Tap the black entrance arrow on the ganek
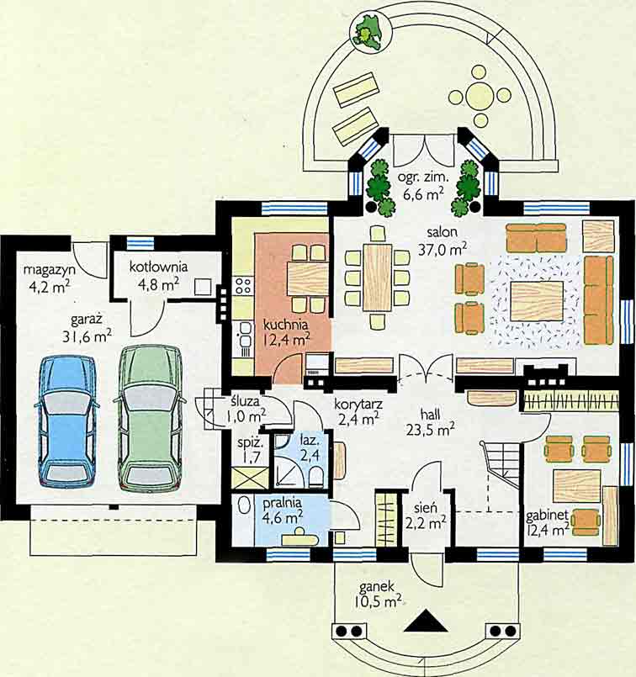click(426, 621)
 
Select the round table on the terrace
click(480, 93)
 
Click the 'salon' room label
click(443, 232)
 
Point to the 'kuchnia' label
click(285, 324)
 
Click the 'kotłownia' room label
click(158, 267)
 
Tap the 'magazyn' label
click(50, 270)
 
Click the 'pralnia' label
click(283, 503)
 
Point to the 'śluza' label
click(244, 401)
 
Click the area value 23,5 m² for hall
click(430, 430)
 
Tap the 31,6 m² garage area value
click(87, 336)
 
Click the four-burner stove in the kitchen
click(242, 286)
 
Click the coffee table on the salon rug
click(537, 300)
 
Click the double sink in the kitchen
click(245, 336)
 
